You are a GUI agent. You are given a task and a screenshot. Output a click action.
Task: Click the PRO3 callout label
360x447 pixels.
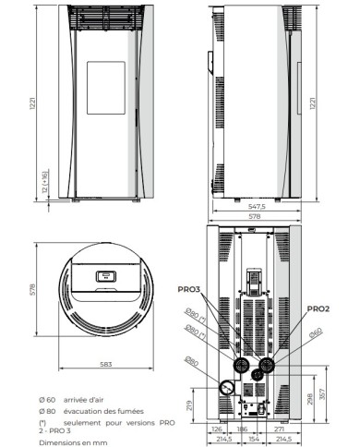[189, 288]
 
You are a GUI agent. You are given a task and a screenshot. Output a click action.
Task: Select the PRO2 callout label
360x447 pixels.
[317, 308]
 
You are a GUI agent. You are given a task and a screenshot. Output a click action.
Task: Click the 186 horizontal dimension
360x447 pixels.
[243, 428]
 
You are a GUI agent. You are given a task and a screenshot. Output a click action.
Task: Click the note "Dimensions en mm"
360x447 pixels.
[68, 441]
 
